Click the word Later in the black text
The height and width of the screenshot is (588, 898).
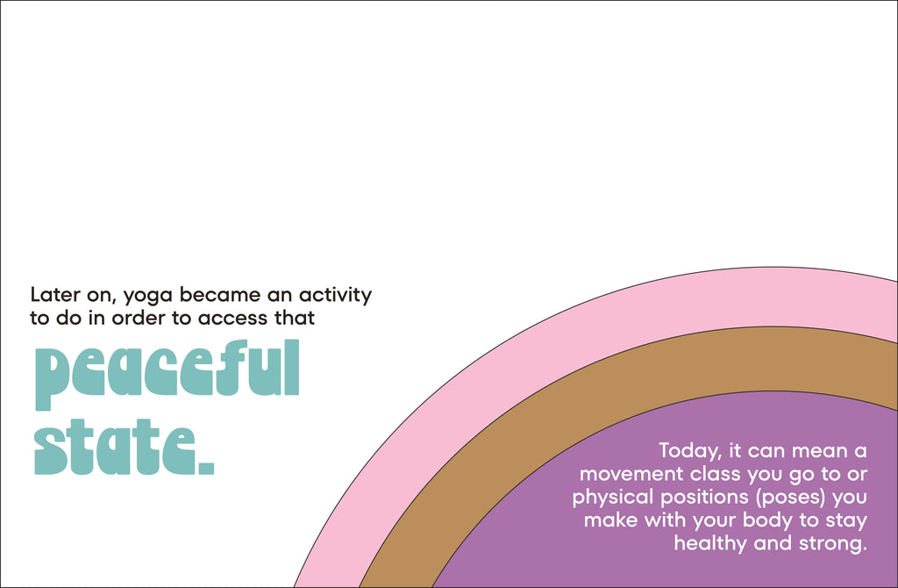[x=55, y=295]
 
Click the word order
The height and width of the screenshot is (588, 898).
[x=139, y=318]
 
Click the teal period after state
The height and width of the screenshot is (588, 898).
[x=206, y=469]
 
